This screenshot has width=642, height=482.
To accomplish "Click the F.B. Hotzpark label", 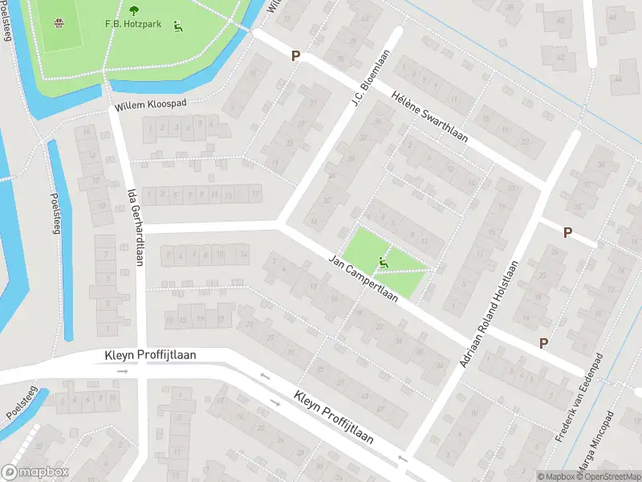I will pos(132,24).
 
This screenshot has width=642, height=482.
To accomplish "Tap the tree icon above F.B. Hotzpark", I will pos(133,10).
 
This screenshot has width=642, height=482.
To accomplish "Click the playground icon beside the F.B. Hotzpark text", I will pos(177,25).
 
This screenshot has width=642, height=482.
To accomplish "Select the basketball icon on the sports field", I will pos(59,22).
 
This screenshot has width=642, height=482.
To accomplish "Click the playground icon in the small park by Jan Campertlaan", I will pos(384,261).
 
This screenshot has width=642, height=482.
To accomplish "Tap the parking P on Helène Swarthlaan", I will pos(295,56).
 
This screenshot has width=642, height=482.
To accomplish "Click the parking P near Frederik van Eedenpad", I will pos(543,343).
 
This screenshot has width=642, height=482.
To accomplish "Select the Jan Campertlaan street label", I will pos(364,279).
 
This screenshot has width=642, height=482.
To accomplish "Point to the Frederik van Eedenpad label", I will pos(578,398).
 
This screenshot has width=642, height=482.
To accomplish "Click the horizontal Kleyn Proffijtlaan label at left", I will pos(150,355).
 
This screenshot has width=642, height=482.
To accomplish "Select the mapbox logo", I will pos(35,472).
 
